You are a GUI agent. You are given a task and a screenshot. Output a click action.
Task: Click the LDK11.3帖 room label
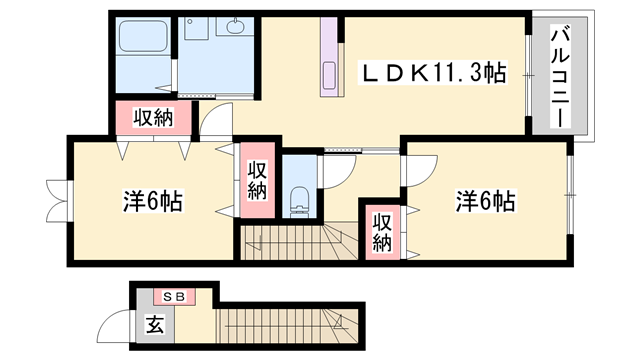[433, 72]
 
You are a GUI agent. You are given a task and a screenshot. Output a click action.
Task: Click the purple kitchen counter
[330, 59]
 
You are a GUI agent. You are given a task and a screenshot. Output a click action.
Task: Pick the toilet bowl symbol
[298, 199]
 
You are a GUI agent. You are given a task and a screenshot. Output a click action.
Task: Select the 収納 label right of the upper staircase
[381, 233]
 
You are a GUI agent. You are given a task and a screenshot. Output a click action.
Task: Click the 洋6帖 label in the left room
[153, 201]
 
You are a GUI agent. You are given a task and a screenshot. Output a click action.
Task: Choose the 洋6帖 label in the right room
[485, 200]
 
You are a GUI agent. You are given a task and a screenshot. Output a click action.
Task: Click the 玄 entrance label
[155, 324]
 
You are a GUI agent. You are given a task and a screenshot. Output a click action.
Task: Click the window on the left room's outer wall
[57, 199]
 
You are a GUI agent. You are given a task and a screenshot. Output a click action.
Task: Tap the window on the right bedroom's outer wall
[572, 186]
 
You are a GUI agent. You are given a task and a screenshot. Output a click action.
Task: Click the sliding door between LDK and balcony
[530, 75]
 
